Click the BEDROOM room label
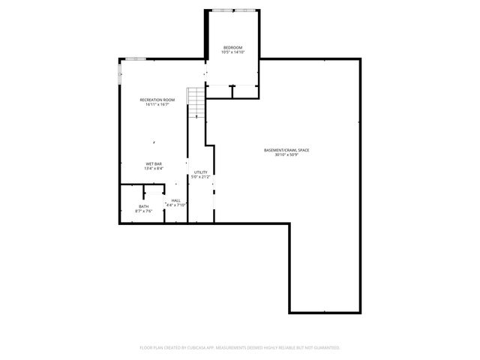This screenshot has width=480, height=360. click(x=232, y=48)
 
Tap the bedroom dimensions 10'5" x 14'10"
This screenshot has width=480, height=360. click(x=232, y=52)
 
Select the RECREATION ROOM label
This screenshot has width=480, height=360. click(x=157, y=100)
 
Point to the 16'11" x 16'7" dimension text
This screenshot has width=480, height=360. click(x=157, y=104)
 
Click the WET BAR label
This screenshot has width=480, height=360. click(x=154, y=163)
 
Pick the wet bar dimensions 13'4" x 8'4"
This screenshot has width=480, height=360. click(x=154, y=168)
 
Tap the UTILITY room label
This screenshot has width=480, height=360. click(x=200, y=172)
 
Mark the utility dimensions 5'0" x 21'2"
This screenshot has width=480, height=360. click(x=200, y=176)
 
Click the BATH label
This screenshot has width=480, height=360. click(x=143, y=206)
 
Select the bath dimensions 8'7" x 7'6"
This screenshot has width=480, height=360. click(x=143, y=211)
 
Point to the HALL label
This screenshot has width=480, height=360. click(x=175, y=199)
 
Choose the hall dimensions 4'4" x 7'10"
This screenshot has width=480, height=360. click(x=175, y=204)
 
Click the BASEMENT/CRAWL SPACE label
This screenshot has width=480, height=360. click(x=286, y=150)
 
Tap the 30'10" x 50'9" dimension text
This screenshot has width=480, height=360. click(x=286, y=154)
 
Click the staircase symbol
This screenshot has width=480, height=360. click(x=196, y=103)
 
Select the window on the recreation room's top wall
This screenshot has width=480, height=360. click(x=135, y=58)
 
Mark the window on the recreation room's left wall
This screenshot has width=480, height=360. click(x=119, y=72)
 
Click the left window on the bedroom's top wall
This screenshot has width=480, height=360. click(x=221, y=10)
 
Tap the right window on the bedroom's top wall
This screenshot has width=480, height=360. click(x=245, y=10)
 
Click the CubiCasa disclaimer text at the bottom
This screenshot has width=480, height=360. click(x=240, y=347)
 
